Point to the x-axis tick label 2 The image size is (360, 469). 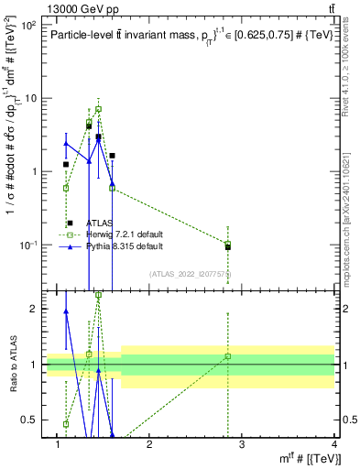pyautogui.click(x=149, y=445)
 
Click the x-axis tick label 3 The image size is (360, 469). pyautogui.click(x=242, y=445)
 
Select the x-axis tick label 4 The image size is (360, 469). pyautogui.click(x=334, y=445)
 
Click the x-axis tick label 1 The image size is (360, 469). pyautogui.click(x=57, y=445)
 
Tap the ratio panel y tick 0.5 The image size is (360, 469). pyautogui.click(x=31, y=420)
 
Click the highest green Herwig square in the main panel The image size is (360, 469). pyautogui.click(x=98, y=109)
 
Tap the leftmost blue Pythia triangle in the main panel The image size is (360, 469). pyautogui.click(x=66, y=143)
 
